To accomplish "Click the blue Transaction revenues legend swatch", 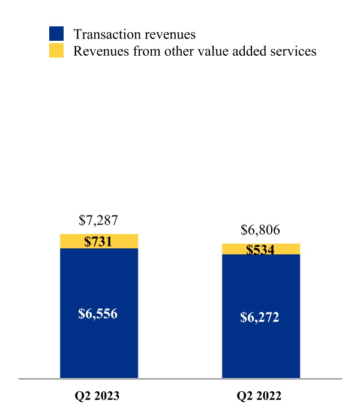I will pyautogui.click(x=56, y=34).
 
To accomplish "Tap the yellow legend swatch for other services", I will pyautogui.click(x=56, y=51).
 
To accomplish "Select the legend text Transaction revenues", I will pyautogui.click(x=134, y=34).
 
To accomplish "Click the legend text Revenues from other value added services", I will pyautogui.click(x=194, y=51).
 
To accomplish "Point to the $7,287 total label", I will pyautogui.click(x=98, y=220).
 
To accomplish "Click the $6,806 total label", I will pyautogui.click(x=260, y=230).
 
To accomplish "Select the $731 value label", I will pyautogui.click(x=98, y=242).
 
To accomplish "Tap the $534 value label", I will pyautogui.click(x=260, y=250).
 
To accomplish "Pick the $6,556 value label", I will pyautogui.click(x=98, y=313).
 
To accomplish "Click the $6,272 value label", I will pyautogui.click(x=260, y=317).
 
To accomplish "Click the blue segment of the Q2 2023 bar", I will pyautogui.click(x=99, y=348).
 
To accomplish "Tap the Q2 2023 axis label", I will pyautogui.click(x=98, y=397).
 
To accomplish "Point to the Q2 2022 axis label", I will pyautogui.click(x=260, y=397).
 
